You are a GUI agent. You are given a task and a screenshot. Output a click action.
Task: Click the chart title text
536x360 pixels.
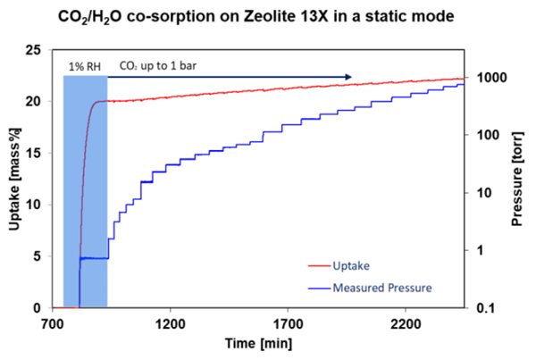click(268, 14)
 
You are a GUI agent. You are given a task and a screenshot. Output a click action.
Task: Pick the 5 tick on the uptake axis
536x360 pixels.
click(37, 256)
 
